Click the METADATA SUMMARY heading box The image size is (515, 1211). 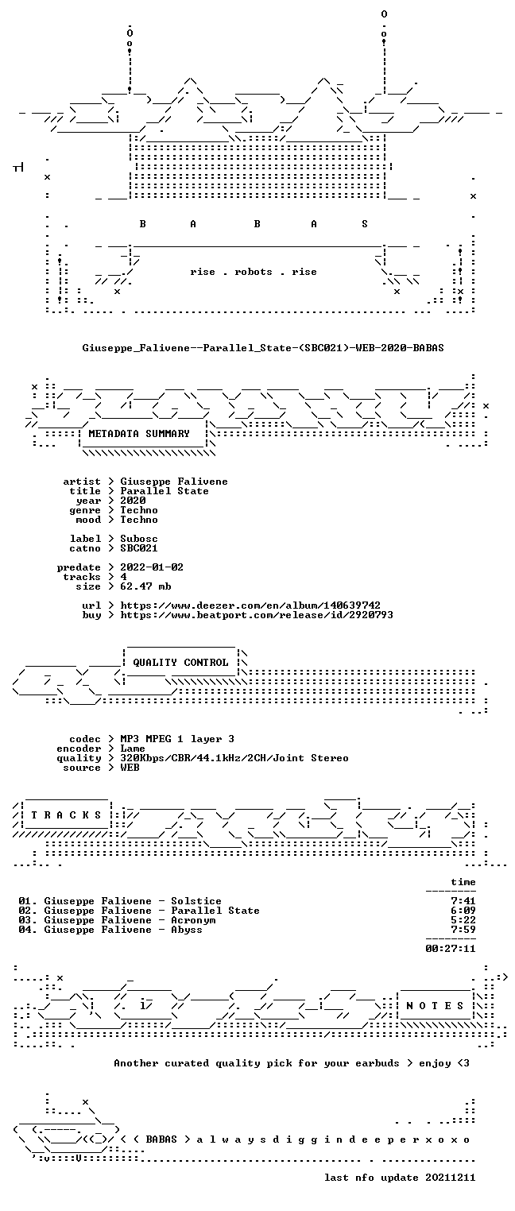coord(139,434)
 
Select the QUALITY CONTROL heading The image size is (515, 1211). coord(180,662)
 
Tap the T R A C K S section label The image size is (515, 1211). coord(67,814)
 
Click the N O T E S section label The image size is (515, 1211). coord(435,1005)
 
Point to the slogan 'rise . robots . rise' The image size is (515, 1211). coord(254,272)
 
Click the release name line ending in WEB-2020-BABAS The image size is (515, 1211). coord(263,348)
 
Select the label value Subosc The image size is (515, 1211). coord(139,539)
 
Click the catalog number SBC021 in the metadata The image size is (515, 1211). coord(139,548)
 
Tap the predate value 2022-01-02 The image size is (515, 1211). coord(152,567)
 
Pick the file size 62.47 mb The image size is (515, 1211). coord(145,586)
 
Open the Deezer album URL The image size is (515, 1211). coord(250,605)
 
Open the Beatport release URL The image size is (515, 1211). coord(257,615)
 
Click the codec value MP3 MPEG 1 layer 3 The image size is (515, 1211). coord(177,739)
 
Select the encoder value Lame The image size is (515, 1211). coord(133,749)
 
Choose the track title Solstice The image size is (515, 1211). coord(196,901)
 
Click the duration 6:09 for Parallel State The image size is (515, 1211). coord(463,911)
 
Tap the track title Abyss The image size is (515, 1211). coord(187,930)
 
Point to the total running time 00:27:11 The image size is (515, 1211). coord(451,948)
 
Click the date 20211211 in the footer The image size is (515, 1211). coord(451,1178)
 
